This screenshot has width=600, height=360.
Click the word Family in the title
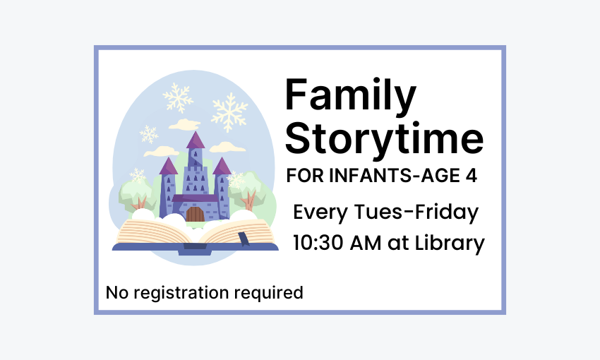coord(350,97)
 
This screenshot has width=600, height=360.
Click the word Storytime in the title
coord(384,138)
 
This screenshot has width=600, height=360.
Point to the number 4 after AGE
coord(471,176)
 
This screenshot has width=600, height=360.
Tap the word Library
coord(450,244)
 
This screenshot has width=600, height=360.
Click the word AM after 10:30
coord(371,243)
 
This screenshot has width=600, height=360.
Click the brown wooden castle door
coord(195,213)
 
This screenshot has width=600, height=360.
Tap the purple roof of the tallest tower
coord(195,140)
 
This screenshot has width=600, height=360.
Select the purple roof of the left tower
coord(168,167)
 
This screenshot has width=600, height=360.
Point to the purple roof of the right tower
coord(222,167)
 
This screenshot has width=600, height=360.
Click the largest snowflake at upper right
coord(230,112)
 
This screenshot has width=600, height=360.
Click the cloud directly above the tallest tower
coord(184,125)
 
